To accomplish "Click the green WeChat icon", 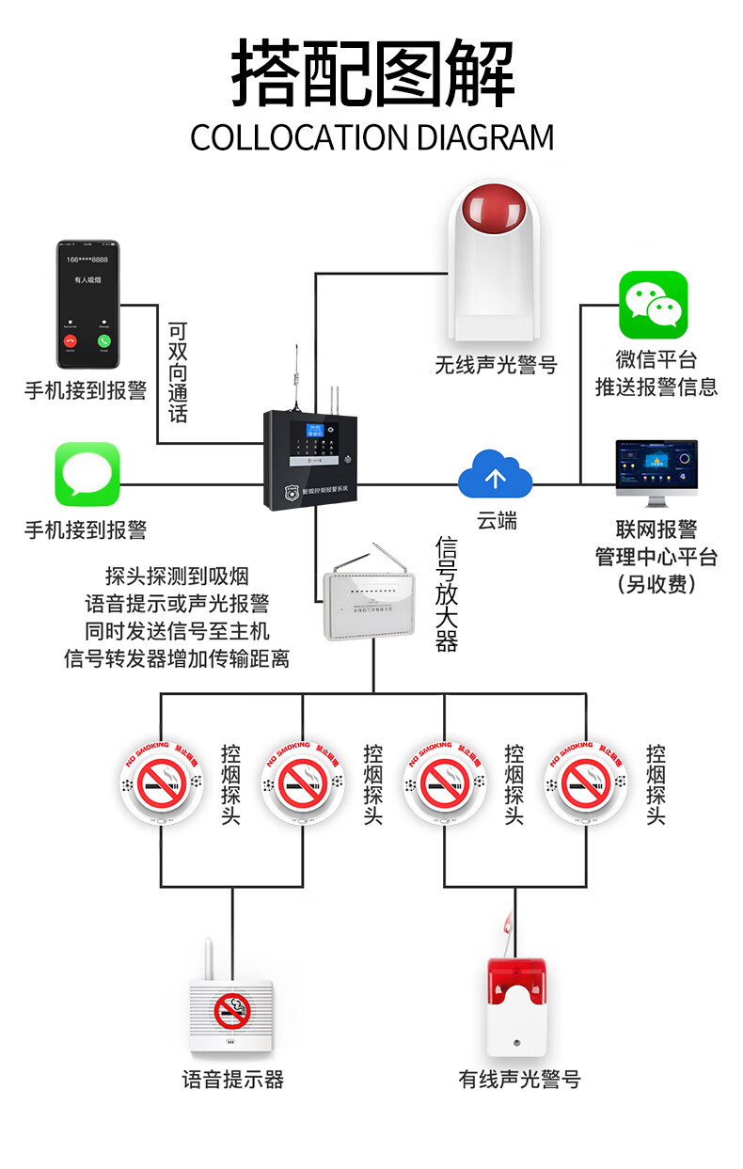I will click(653, 305).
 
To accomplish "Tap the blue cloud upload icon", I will click(495, 476).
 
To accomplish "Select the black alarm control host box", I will click(309, 460).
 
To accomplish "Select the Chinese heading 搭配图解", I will click(372, 73).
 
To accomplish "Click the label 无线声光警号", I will click(496, 364).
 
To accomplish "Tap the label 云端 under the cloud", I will click(496, 521).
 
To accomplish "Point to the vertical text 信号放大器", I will click(446, 594).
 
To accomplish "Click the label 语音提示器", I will click(232, 1079).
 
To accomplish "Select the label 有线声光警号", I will click(519, 1079).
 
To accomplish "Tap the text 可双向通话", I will click(177, 372).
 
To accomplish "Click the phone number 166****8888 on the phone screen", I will click(87, 260).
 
